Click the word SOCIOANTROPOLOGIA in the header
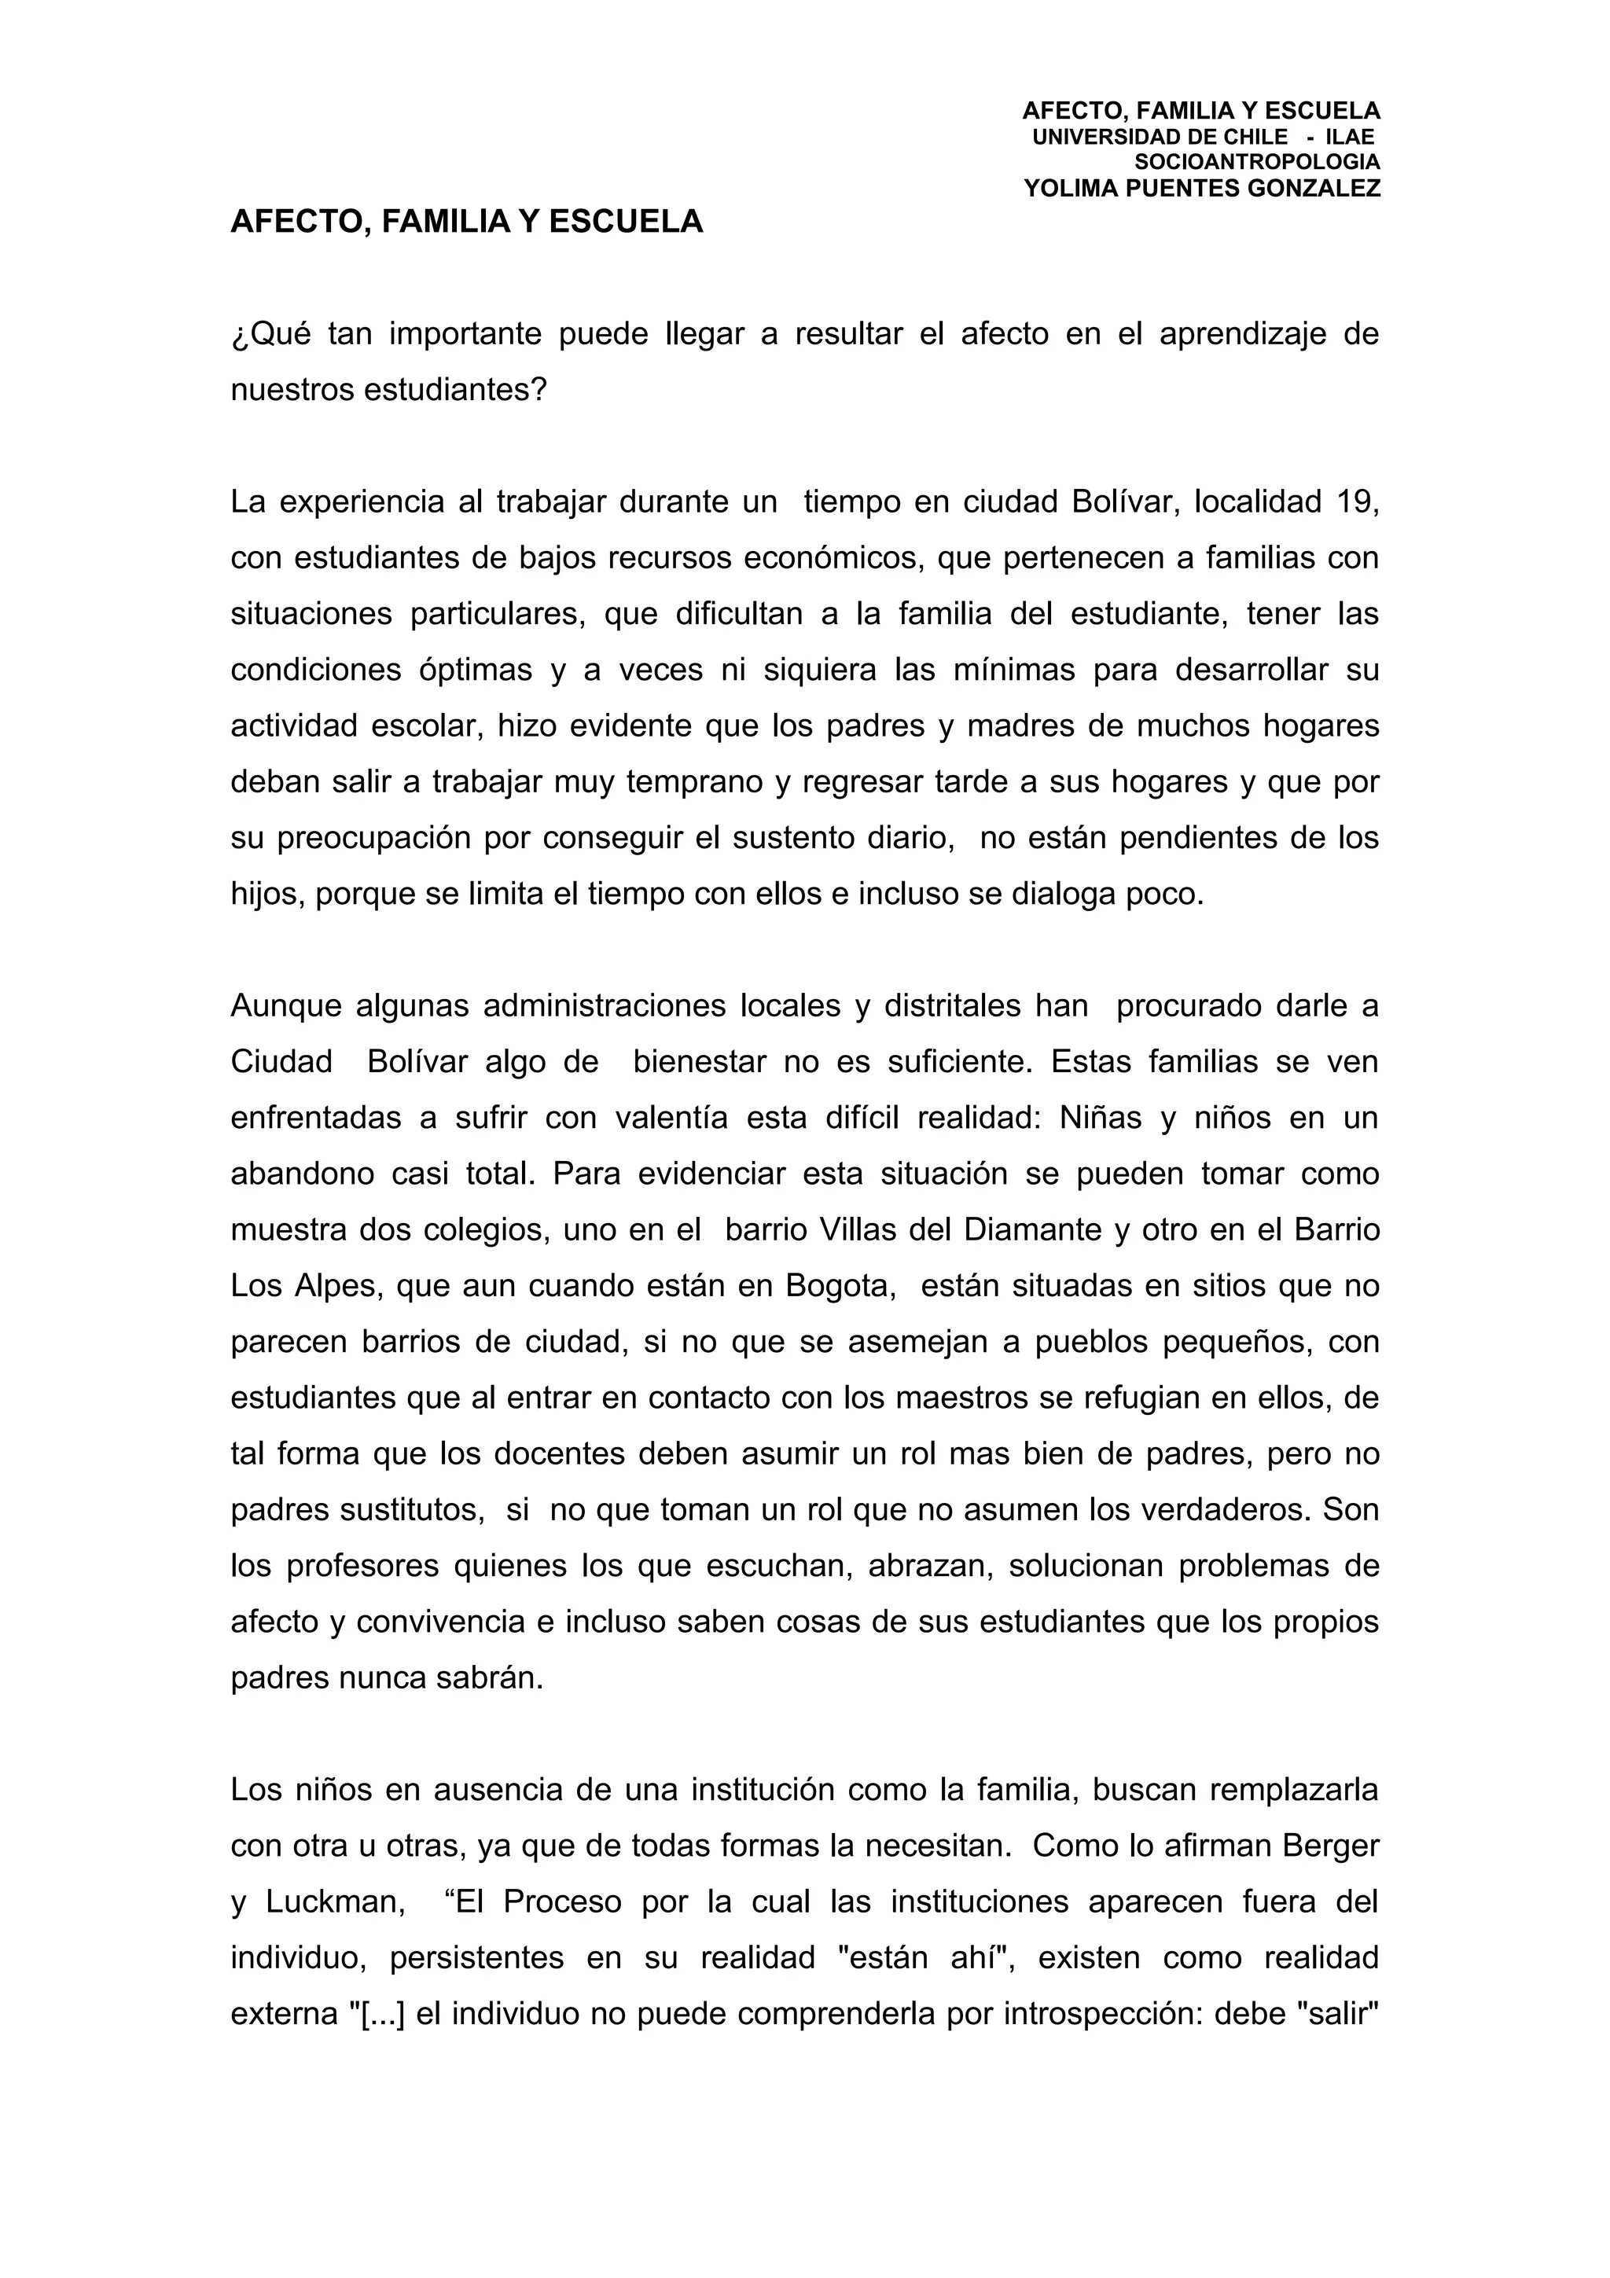click(x=1257, y=162)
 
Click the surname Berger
click(x=1331, y=1846)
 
